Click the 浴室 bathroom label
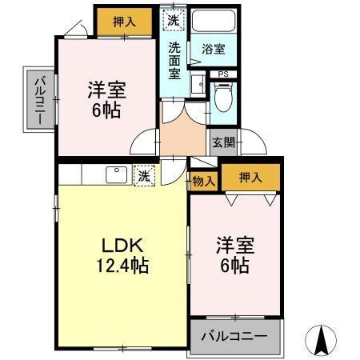click(214, 50)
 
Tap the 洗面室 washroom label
click(174, 59)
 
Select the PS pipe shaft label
click(223, 74)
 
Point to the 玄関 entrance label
click(223, 143)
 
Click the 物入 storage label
click(204, 182)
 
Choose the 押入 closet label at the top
click(124, 22)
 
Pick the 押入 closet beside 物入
click(251, 178)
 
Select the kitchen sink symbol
click(115, 174)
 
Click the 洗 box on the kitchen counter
click(144, 176)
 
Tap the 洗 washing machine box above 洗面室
click(173, 18)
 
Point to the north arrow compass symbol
click(322, 341)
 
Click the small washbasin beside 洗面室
click(197, 84)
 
